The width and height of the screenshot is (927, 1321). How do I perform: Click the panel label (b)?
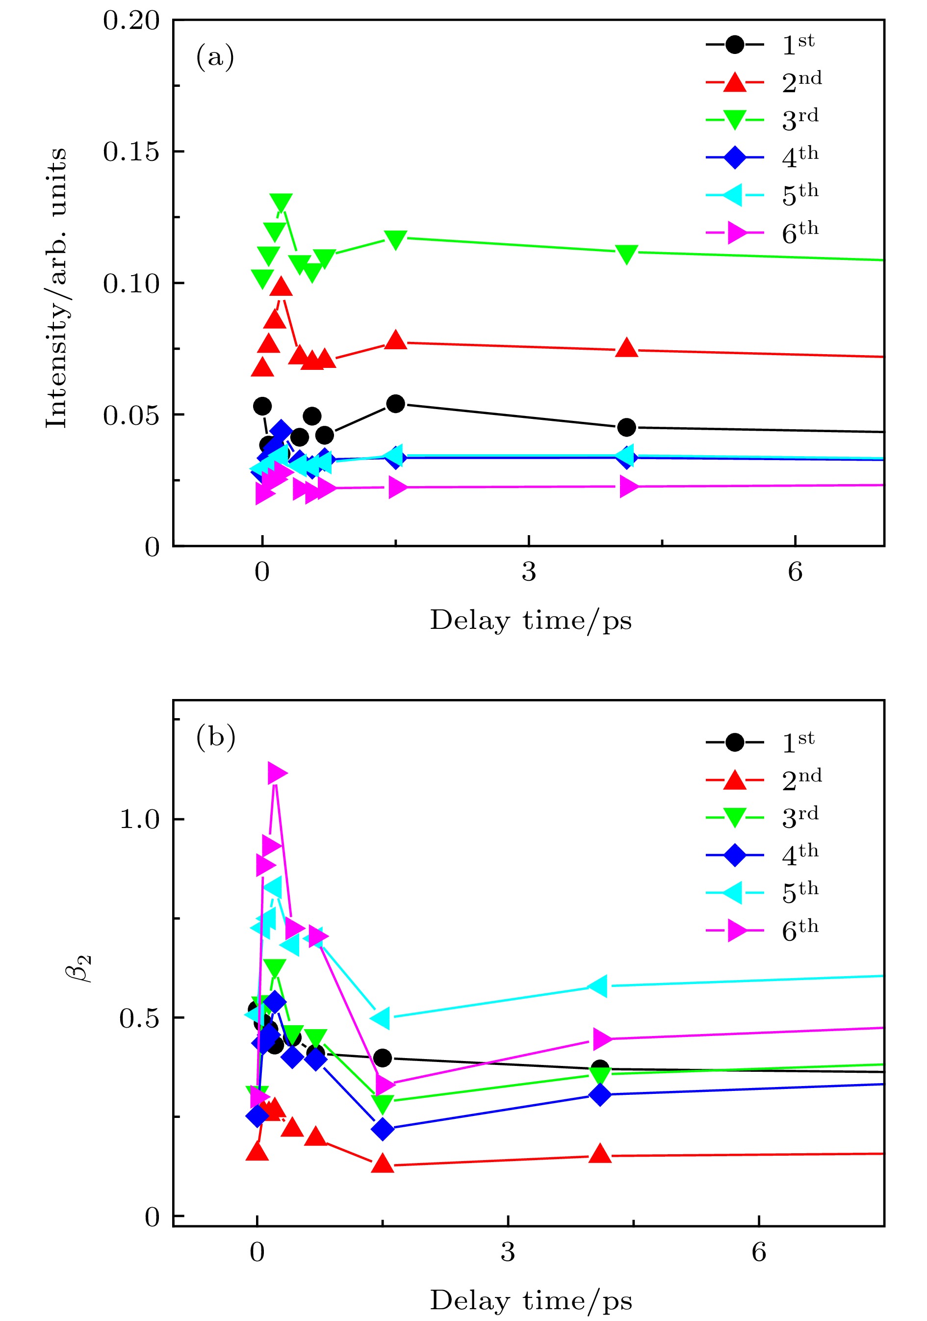tap(216, 737)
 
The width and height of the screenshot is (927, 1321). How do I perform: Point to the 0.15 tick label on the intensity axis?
tap(130, 152)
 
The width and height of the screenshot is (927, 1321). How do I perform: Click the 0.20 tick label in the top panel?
tap(130, 21)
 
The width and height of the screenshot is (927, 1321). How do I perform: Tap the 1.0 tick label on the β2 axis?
tap(139, 819)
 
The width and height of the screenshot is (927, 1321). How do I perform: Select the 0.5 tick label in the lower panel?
tap(139, 1018)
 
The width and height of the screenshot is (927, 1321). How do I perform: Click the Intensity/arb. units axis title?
tap(56, 287)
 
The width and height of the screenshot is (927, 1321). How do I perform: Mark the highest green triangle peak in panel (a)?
tap(281, 203)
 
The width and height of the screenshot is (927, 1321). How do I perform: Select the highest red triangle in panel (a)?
tap(282, 286)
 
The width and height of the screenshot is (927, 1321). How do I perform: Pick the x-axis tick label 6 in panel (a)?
tap(795, 572)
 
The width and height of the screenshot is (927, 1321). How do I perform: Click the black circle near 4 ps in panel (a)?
tap(626, 427)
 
